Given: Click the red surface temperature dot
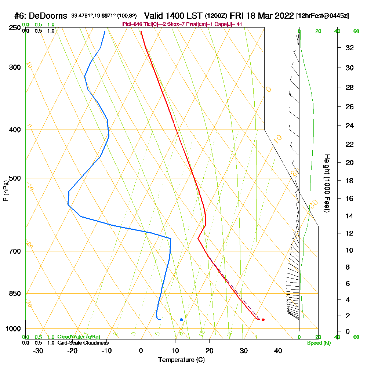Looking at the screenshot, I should click(x=263, y=320).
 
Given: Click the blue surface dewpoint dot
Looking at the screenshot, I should click(x=181, y=320).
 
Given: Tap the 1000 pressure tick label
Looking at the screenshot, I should click(x=13, y=329).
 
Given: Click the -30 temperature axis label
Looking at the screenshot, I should click(x=38, y=350).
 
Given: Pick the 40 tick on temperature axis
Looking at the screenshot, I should click(x=278, y=350).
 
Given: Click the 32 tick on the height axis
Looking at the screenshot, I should click(x=349, y=48).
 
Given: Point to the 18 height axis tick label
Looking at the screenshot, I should click(x=349, y=181).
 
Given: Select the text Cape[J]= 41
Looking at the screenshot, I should click(x=230, y=24).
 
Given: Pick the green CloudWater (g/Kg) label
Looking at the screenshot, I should click(x=79, y=337).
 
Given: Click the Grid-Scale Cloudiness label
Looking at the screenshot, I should click(x=83, y=343).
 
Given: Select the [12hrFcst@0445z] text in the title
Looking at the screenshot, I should click(x=322, y=16).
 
